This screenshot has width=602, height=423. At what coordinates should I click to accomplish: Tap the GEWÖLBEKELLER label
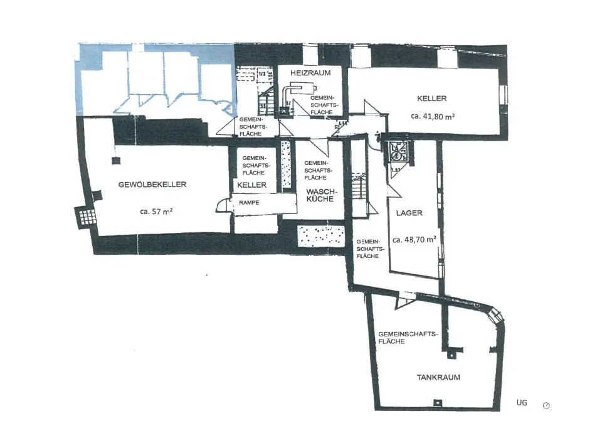point(153,185)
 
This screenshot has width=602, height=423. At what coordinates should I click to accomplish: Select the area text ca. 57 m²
point(156,212)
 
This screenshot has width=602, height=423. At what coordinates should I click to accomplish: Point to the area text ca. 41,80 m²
point(432,116)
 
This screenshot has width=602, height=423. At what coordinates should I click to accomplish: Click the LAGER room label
point(409,213)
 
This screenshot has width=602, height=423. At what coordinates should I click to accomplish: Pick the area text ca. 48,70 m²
point(415,240)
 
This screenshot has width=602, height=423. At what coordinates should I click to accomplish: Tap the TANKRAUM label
point(439,377)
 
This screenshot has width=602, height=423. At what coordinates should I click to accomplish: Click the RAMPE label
point(249,203)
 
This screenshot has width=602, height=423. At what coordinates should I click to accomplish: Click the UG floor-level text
point(522,402)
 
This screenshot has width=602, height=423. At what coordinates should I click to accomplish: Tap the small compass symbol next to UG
point(546,405)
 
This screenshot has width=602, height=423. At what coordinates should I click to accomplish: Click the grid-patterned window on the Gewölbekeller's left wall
point(86,217)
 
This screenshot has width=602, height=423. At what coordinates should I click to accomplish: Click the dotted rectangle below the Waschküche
point(320,235)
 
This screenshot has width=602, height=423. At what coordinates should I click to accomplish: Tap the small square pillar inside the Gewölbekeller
point(115,161)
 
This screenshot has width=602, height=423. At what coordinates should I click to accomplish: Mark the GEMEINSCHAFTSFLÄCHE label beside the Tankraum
point(407,337)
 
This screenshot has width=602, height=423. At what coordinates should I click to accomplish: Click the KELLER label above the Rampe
point(252,185)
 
